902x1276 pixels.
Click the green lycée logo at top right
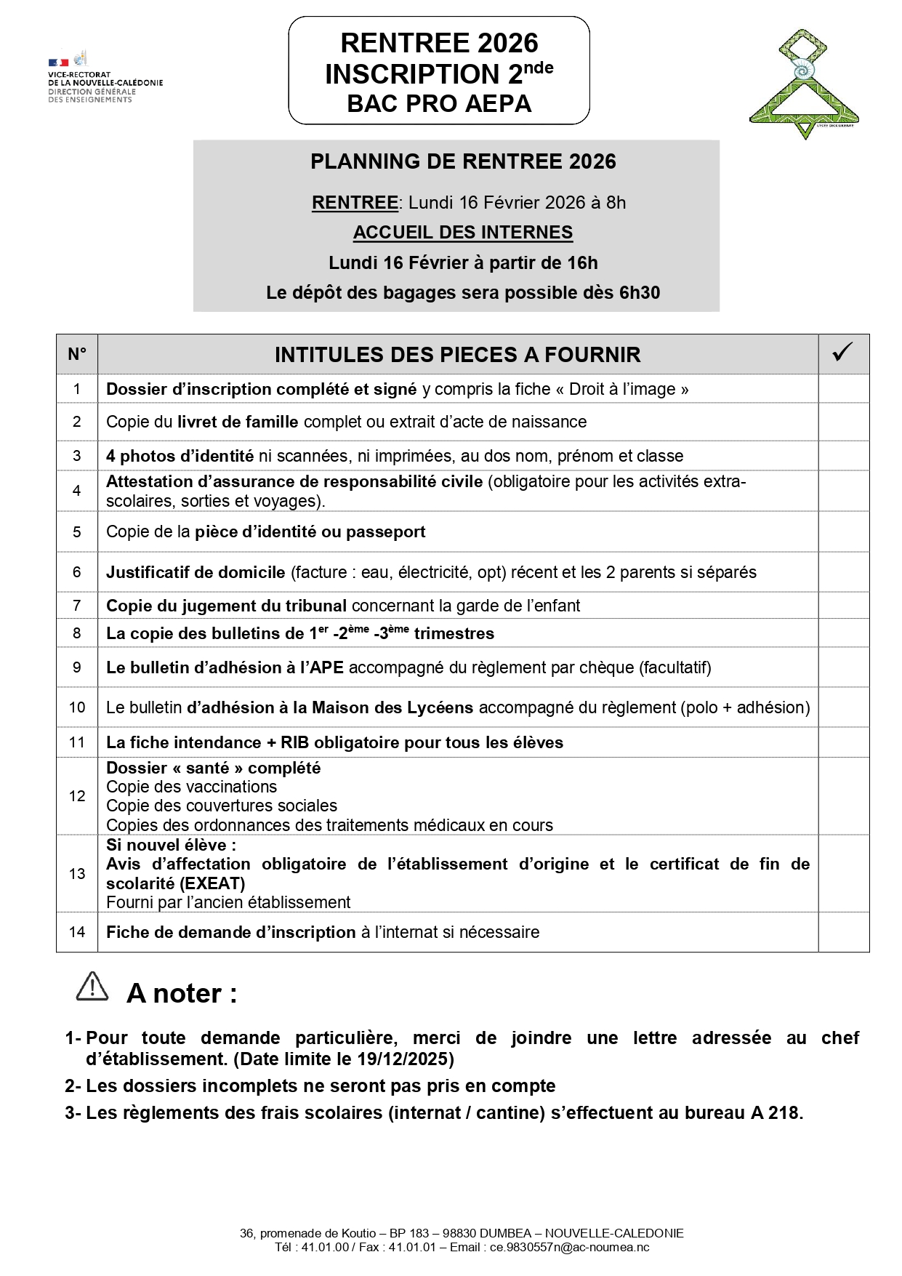pyautogui.click(x=804, y=84)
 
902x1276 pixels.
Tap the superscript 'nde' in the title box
pyautogui.click(x=539, y=68)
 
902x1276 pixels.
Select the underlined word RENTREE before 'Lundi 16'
pyautogui.click(x=355, y=203)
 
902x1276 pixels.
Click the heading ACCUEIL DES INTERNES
pyautogui.click(x=463, y=233)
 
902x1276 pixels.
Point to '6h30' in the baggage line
pyautogui.click(x=640, y=293)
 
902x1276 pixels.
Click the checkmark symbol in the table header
pyautogui.click(x=843, y=353)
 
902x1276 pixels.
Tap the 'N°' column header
pyautogui.click(x=77, y=354)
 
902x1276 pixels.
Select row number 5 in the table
pyautogui.click(x=77, y=531)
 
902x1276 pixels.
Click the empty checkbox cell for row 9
pyautogui.click(x=843, y=667)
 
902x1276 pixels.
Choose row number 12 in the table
pyautogui.click(x=77, y=796)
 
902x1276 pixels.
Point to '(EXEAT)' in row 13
pyautogui.click(x=212, y=883)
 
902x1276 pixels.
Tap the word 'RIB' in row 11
pyautogui.click(x=295, y=742)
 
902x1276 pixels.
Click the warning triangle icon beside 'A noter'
pyautogui.click(x=92, y=987)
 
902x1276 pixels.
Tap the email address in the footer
pyautogui.click(x=569, y=1248)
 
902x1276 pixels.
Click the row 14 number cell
pyautogui.click(x=77, y=932)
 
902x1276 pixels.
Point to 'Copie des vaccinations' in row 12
pyautogui.click(x=191, y=787)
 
